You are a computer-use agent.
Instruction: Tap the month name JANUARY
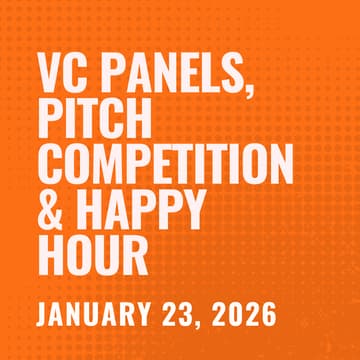pyautogui.click(x=97, y=313)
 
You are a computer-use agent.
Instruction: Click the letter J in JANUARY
pyautogui.click(x=43, y=313)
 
